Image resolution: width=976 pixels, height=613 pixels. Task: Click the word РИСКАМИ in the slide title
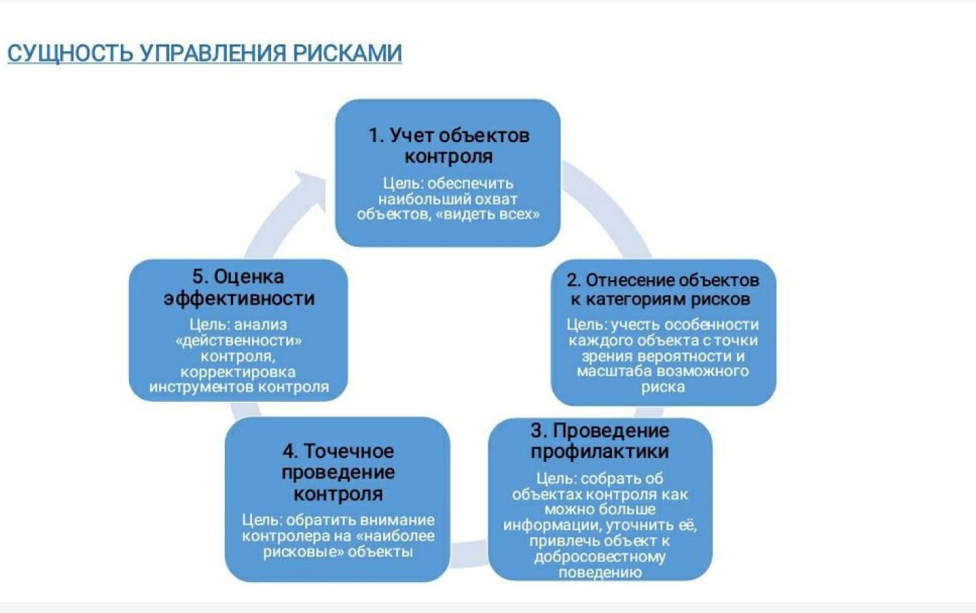click(x=347, y=53)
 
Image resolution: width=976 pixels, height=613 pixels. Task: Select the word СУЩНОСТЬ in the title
click(x=70, y=54)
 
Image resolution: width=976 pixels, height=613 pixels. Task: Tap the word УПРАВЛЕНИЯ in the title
click(x=213, y=53)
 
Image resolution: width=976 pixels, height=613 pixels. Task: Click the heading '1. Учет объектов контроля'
click(x=449, y=146)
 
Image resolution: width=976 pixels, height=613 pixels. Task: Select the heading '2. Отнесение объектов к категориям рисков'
click(x=663, y=290)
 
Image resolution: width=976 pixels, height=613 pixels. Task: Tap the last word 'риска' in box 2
click(x=663, y=387)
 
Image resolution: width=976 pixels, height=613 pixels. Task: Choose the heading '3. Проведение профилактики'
click(x=600, y=441)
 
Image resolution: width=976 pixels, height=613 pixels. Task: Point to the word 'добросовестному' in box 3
click(x=600, y=557)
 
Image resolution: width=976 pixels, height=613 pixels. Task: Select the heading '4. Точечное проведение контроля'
click(x=338, y=473)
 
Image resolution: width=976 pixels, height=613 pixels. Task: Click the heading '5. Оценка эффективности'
click(x=239, y=288)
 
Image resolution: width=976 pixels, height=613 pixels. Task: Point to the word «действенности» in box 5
click(x=238, y=340)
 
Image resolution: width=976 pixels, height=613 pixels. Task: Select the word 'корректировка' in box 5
click(x=238, y=372)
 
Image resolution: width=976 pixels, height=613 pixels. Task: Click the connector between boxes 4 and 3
click(x=469, y=554)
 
